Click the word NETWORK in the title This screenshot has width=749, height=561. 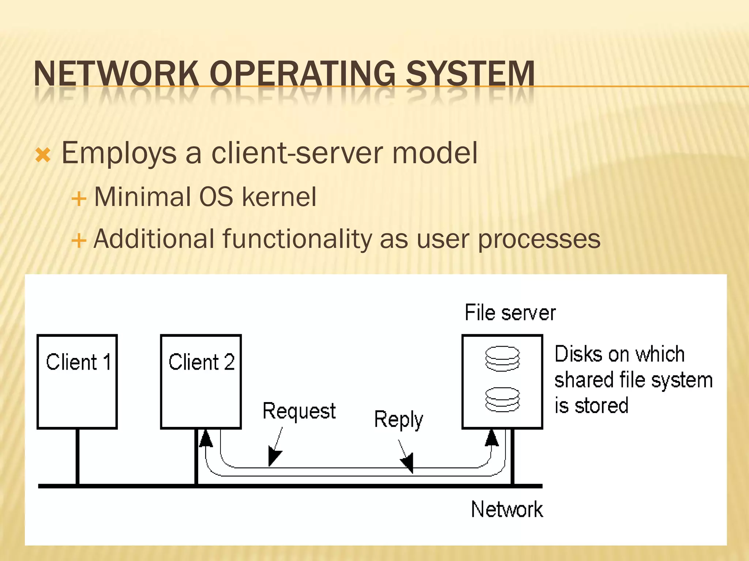click(x=116, y=74)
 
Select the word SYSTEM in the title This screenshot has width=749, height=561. click(x=470, y=74)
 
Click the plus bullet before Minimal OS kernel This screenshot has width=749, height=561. click(x=79, y=199)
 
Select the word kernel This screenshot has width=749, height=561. click(x=279, y=197)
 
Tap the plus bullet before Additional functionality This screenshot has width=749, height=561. click(x=79, y=241)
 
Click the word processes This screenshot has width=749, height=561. click(x=539, y=239)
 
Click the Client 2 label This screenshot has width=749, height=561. click(x=202, y=362)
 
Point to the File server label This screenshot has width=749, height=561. click(x=510, y=313)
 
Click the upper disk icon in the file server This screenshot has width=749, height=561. click(x=503, y=358)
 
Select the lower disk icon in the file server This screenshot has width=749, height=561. click(x=503, y=399)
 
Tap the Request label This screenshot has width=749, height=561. click(x=299, y=411)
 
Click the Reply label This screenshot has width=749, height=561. click(x=398, y=419)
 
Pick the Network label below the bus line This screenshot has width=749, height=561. click(x=507, y=510)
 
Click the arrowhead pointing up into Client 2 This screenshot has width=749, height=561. click(x=206, y=438)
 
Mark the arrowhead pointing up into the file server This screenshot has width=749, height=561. click(x=492, y=438)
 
